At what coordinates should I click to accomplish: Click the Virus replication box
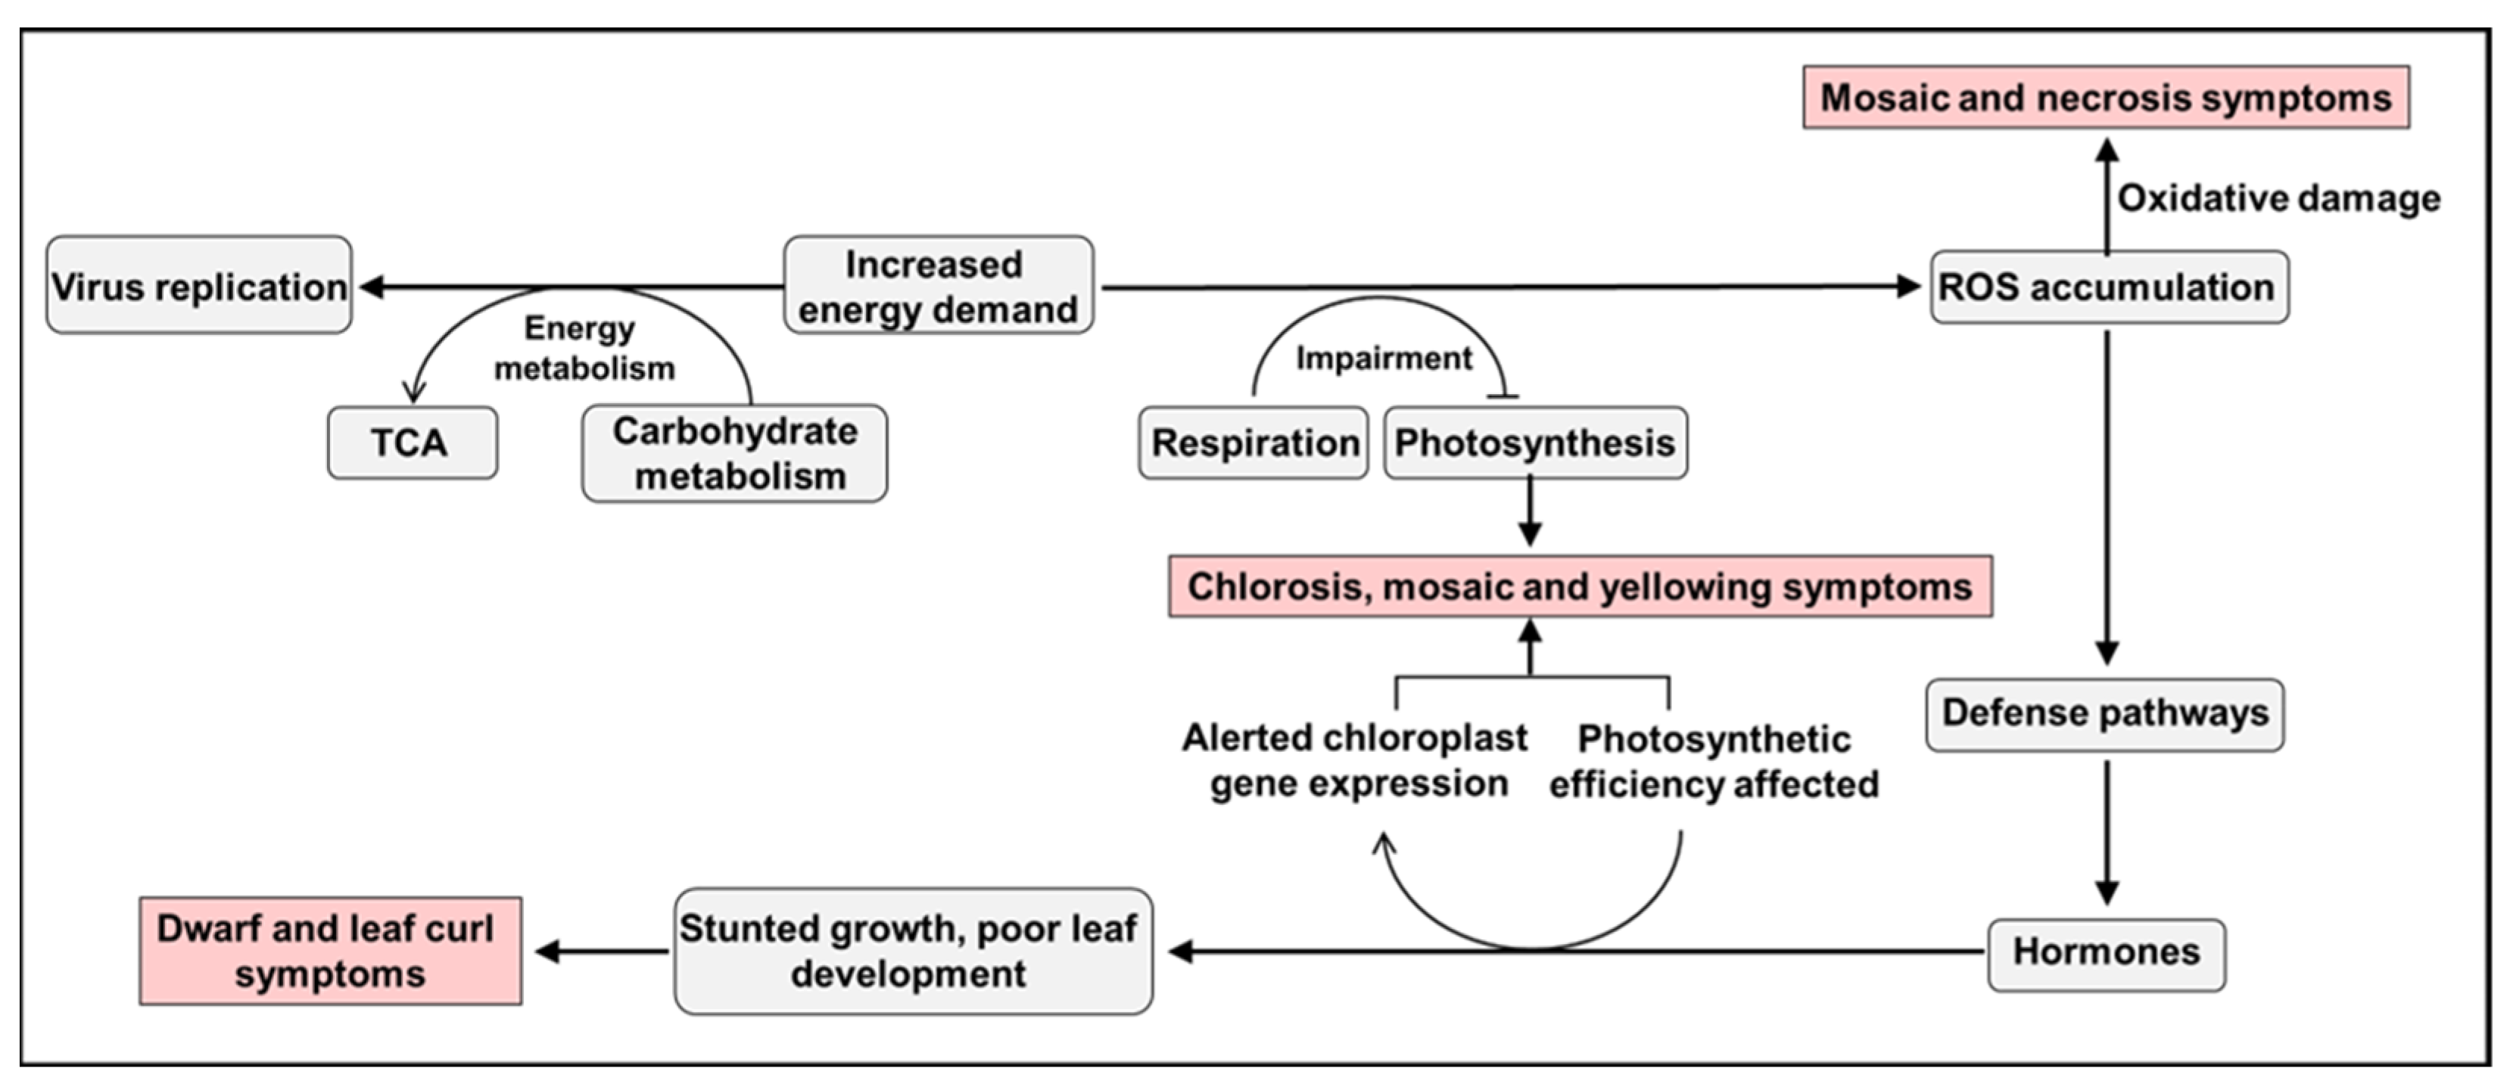click(x=199, y=285)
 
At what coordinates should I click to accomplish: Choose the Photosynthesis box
click(x=1534, y=443)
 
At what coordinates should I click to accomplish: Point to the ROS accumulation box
click(x=2109, y=287)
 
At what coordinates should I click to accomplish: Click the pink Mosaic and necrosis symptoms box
click(x=2106, y=98)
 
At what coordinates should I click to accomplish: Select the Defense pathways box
click(x=2104, y=714)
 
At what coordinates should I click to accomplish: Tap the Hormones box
click(x=2106, y=952)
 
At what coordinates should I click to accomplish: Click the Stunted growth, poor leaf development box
click(x=912, y=951)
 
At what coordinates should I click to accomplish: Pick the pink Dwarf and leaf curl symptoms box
click(x=330, y=951)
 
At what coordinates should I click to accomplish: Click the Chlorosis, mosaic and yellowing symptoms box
click(x=1580, y=586)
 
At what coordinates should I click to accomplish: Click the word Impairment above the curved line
click(x=1383, y=359)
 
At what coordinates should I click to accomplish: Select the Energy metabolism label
click(x=583, y=348)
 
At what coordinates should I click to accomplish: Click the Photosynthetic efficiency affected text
click(x=1714, y=762)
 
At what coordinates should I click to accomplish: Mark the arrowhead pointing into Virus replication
click(x=371, y=287)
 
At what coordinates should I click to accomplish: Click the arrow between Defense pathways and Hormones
click(x=2107, y=833)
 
